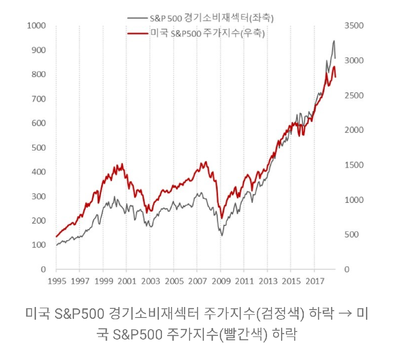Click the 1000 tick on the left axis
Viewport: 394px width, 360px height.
click(x=36, y=25)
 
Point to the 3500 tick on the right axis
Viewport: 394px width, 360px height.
click(x=354, y=25)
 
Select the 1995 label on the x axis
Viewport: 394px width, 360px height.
click(x=56, y=281)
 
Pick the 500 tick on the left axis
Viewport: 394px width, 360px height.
click(x=38, y=148)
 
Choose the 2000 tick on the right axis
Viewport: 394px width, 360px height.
click(x=354, y=130)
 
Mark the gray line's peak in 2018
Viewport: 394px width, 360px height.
click(x=334, y=41)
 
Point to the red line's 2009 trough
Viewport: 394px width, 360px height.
click(x=222, y=218)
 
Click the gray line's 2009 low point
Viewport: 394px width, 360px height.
click(x=222, y=236)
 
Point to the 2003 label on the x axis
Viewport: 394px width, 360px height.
click(x=150, y=281)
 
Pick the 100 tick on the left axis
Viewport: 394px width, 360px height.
click(x=38, y=245)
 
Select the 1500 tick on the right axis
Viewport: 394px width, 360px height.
click(x=354, y=165)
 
